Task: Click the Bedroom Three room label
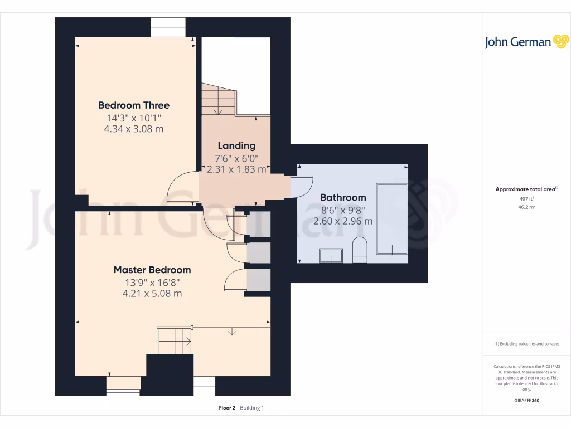pyautogui.click(x=134, y=105)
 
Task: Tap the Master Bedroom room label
pyautogui.click(x=152, y=270)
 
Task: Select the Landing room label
pyautogui.click(x=236, y=146)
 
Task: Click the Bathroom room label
pyautogui.click(x=343, y=197)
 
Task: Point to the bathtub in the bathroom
pyautogui.click(x=392, y=218)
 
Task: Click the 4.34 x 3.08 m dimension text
pyautogui.click(x=134, y=129)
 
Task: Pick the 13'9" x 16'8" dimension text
pyautogui.click(x=152, y=282)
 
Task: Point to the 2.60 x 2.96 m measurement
pyautogui.click(x=343, y=221)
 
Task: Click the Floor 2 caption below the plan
pyautogui.click(x=226, y=408)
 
